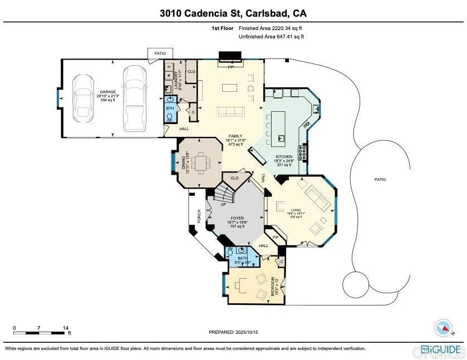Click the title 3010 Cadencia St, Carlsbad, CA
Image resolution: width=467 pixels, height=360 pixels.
click(x=233, y=13)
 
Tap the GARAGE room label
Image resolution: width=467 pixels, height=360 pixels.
click(x=108, y=91)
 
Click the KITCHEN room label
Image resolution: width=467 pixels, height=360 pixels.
click(x=284, y=157)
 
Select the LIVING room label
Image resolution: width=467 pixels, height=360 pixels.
click(x=295, y=210)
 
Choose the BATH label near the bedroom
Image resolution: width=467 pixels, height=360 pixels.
click(x=242, y=258)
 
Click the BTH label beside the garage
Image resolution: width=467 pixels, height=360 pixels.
click(x=170, y=109)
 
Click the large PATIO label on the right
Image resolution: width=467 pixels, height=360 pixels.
click(x=380, y=180)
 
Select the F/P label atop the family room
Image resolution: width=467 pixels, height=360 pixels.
click(x=230, y=66)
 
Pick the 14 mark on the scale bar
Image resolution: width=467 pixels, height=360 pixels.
click(x=66, y=328)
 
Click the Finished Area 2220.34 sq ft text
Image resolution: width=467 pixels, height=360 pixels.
click(x=271, y=28)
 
